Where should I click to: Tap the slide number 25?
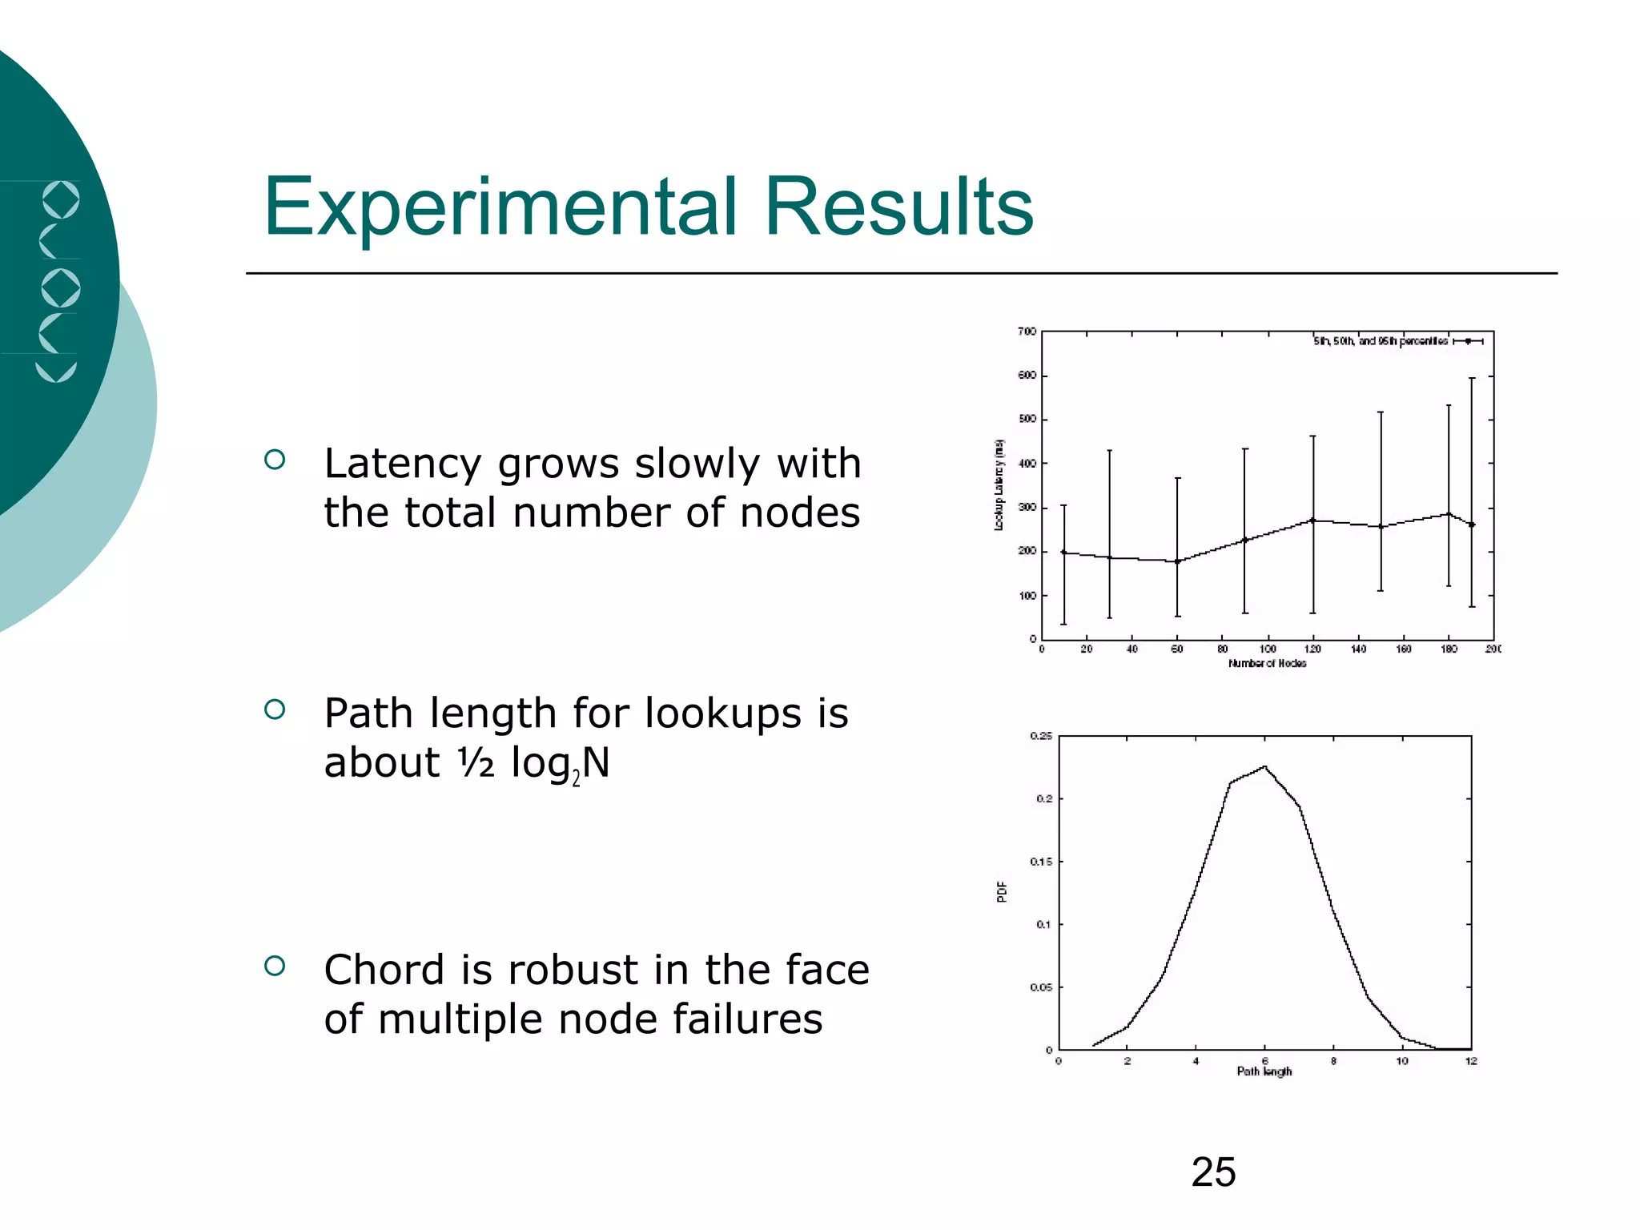1213,1172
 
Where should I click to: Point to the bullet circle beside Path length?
275,709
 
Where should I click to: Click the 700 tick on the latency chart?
1027,332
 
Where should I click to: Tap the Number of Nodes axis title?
1267,664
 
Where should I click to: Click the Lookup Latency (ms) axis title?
999,485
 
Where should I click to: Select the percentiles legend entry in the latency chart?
1397,341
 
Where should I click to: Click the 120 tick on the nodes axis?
1312,649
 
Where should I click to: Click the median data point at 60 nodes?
1177,561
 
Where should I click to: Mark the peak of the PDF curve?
1264,766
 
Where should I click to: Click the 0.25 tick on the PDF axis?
1041,736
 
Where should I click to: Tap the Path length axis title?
1264,1071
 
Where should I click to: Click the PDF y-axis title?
1002,892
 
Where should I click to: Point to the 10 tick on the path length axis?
1402,1062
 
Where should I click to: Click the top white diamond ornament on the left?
60,200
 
